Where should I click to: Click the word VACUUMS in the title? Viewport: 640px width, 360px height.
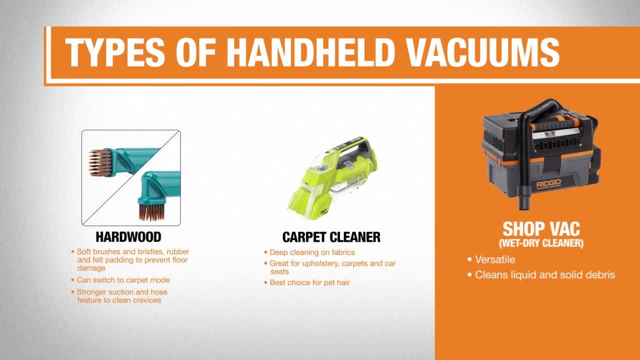pos(482,52)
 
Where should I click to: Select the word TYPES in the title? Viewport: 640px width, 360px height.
pos(115,52)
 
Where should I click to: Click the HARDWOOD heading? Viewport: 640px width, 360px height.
pos(128,237)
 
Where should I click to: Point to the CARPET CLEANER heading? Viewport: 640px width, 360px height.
pos(331,237)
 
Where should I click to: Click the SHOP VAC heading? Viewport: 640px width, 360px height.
pos(541,228)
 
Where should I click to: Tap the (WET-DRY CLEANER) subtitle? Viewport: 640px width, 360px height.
pos(541,243)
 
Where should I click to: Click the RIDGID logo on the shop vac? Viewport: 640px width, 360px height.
pos(549,184)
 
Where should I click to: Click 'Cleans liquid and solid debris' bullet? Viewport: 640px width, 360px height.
pos(545,275)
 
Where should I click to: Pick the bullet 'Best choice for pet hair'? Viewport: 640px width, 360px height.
pos(309,282)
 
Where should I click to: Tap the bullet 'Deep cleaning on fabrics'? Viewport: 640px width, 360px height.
pos(312,252)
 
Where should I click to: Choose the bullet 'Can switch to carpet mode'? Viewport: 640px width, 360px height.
pos(123,280)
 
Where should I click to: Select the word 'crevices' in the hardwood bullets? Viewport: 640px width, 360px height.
pos(147,300)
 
